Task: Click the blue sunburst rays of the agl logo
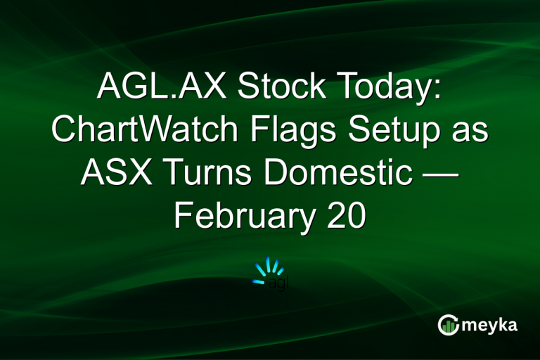point(269,268)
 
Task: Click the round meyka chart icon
point(448,324)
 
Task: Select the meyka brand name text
point(491,325)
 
